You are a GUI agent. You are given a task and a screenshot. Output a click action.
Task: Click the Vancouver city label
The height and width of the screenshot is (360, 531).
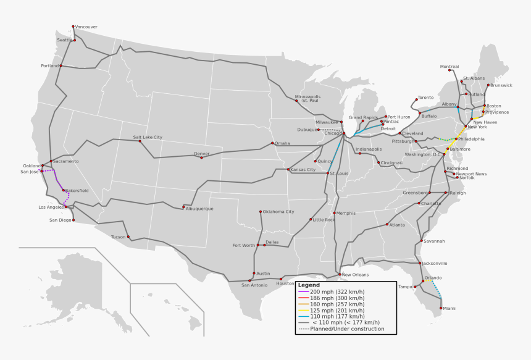86,27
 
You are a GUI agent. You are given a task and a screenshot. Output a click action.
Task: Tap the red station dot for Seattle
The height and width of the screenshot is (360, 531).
75,40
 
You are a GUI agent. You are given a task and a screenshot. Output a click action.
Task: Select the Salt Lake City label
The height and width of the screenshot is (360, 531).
148,137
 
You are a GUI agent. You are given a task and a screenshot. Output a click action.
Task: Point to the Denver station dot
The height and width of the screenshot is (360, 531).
201,157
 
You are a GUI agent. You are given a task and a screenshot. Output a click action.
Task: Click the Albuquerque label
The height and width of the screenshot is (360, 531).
199,209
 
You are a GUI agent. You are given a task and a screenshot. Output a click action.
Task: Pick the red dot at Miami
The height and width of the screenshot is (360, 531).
441,308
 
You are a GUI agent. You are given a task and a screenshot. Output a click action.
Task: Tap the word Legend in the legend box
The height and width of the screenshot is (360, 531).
309,285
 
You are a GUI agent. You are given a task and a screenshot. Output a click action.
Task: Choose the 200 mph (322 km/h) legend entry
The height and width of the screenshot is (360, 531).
338,291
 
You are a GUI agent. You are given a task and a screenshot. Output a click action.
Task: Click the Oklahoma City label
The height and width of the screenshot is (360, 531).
278,212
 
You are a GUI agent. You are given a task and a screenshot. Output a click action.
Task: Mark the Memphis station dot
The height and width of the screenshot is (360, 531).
334,213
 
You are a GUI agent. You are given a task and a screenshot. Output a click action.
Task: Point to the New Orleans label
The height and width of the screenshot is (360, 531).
355,275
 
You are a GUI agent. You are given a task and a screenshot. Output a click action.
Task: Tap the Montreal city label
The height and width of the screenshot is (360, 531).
449,67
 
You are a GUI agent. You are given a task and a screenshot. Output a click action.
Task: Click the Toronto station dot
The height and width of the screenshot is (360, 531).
416,99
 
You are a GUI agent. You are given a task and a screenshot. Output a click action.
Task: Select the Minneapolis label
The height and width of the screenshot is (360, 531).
307,96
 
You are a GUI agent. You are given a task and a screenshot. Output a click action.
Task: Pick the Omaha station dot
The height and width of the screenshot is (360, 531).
272,143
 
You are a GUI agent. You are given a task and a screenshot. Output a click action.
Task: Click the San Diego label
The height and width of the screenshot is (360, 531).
61,220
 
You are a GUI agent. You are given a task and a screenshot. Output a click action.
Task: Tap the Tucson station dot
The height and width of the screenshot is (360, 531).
128,237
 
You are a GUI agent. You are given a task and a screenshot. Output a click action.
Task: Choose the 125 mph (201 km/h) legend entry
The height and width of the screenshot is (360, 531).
338,310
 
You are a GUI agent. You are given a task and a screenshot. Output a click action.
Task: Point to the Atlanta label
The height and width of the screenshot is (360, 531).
397,225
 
